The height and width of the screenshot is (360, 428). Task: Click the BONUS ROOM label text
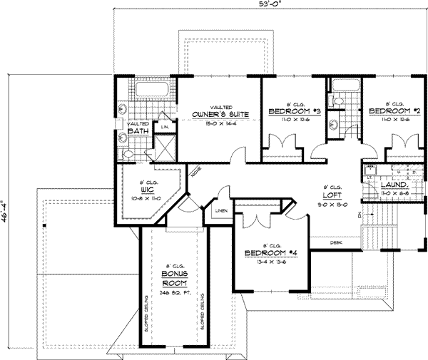coord(174,277)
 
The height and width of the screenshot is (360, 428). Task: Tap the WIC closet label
coord(147,190)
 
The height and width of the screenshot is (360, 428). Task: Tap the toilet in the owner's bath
coord(129,153)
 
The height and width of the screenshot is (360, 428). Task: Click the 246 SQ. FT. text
coord(174,292)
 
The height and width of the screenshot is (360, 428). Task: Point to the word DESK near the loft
coord(336,243)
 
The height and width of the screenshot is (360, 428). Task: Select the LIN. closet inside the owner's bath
coord(165,127)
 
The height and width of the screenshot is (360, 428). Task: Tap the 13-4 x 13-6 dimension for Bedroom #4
coord(270,262)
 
